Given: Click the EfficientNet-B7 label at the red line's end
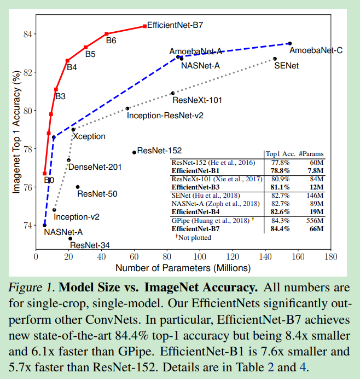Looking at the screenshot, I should (176, 25).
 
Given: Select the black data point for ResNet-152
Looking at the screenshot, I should (134, 152).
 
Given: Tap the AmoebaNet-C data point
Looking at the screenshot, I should (290, 43).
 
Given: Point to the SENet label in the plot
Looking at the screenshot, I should (286, 66).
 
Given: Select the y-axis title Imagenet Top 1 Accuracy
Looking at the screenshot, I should (16, 131).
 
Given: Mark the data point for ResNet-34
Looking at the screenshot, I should (70, 238).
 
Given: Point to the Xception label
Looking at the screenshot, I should (89, 136).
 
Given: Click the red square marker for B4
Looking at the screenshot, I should (67, 60).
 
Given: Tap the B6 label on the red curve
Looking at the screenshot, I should (111, 41).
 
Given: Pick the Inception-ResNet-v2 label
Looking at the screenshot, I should (165, 116).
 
